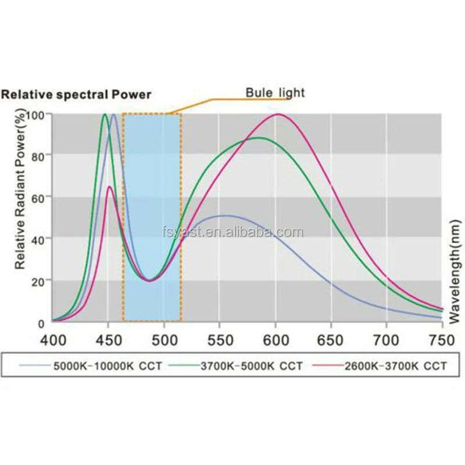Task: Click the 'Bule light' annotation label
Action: coord(275,92)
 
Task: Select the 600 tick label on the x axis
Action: coord(276,338)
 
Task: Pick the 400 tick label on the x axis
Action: coord(52,338)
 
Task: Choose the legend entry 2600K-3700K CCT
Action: coord(381,366)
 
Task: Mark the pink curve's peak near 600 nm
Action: coord(278,115)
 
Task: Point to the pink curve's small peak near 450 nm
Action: coord(109,187)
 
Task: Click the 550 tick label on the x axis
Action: coord(220,338)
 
